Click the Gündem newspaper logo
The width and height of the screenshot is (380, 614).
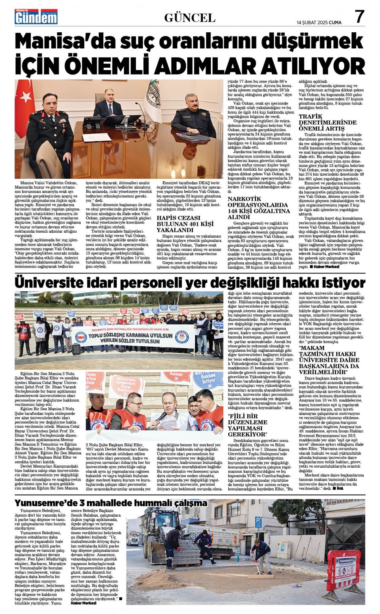[36, 17]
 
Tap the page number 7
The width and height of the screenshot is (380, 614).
[359, 17]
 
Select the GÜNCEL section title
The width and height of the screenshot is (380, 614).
[190, 17]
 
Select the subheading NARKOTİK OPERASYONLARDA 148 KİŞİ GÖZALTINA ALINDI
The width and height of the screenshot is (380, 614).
[258, 208]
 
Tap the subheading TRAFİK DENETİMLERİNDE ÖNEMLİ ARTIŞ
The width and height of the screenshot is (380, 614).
[327, 122]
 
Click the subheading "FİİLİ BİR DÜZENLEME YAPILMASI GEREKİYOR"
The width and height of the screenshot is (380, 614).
[247, 425]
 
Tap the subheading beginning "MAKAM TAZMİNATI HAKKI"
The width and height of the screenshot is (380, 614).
[329, 360]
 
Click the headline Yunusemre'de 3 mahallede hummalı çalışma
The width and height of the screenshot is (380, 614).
[111, 503]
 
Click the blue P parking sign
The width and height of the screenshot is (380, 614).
[258, 522]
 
